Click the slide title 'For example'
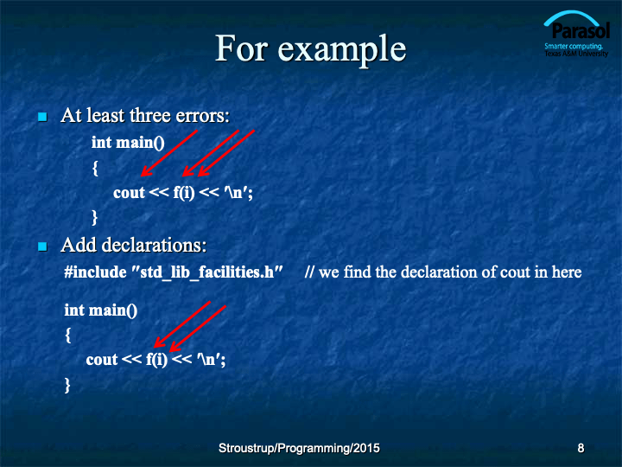[311, 49]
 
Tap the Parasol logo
[576, 34]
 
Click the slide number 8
[581, 448]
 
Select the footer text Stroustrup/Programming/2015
[299, 448]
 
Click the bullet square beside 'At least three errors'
[42, 117]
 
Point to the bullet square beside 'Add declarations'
[42, 246]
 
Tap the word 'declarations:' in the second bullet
[155, 245]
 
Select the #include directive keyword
[95, 272]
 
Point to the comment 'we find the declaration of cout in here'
[450, 272]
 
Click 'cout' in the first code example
[129, 193]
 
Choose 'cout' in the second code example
[102, 360]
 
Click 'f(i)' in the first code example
[184, 193]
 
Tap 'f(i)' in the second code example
[156, 360]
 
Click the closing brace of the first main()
[94, 218]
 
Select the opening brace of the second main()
[68, 336]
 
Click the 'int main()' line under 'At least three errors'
[128, 143]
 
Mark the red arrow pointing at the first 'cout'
[169, 153]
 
